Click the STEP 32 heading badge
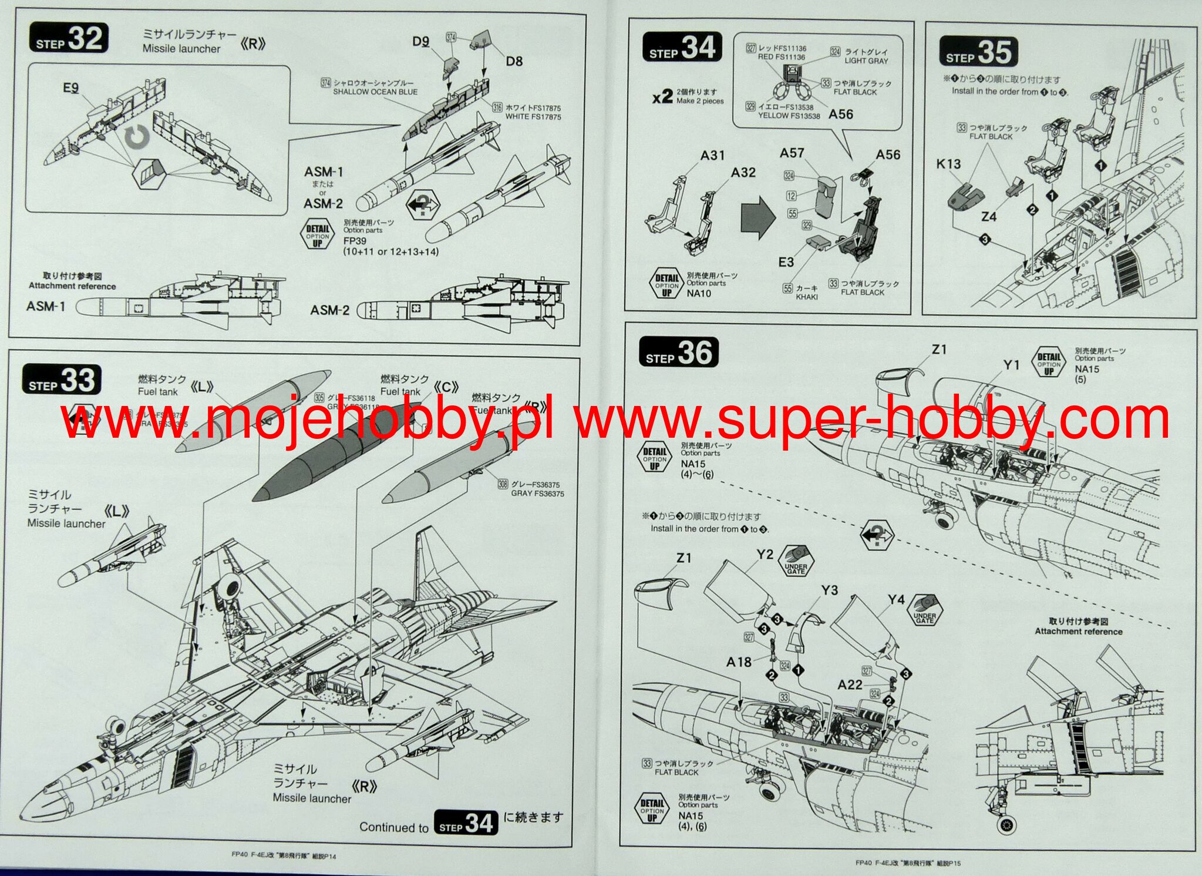coord(69,38)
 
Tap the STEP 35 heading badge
coord(978,52)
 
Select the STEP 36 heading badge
coord(678,353)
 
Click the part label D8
coord(514,61)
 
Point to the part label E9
coord(70,88)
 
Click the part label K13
coord(948,164)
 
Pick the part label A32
coord(743,172)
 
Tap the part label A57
coord(792,153)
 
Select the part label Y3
coord(829,590)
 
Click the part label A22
coord(850,684)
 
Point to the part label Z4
coord(989,217)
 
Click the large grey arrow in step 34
coord(759,217)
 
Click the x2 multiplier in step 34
coord(662,96)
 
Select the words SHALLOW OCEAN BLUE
coord(375,92)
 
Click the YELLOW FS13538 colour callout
coord(789,116)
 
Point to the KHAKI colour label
coord(807,297)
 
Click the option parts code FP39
coord(355,241)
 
